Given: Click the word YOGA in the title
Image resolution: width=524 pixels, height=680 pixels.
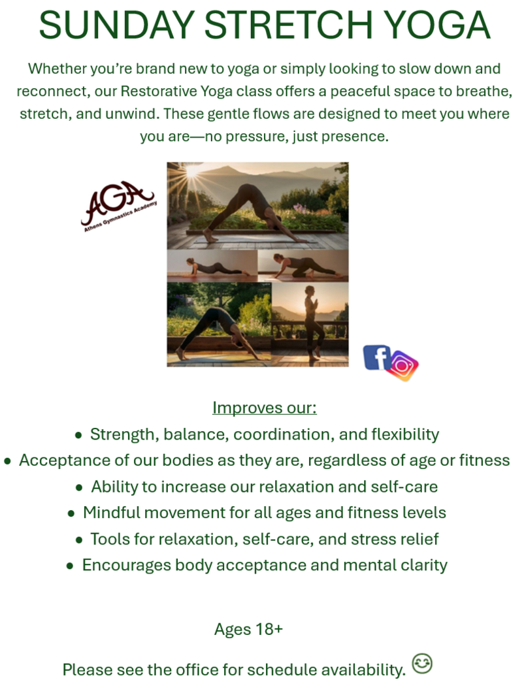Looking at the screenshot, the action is pyautogui.click(x=437, y=25).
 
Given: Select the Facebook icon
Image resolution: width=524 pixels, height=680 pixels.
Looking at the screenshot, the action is pyautogui.click(x=376, y=357).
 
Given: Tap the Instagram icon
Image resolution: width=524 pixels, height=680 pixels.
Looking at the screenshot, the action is pyautogui.click(x=403, y=366).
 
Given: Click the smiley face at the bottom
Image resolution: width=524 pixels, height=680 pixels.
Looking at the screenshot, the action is pyautogui.click(x=422, y=663).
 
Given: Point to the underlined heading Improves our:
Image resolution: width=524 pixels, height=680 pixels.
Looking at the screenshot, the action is pyautogui.click(x=265, y=408).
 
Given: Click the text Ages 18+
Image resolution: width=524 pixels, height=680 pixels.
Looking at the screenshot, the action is pyautogui.click(x=248, y=629).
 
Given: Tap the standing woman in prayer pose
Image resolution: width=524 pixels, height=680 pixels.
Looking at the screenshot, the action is pyautogui.click(x=312, y=321).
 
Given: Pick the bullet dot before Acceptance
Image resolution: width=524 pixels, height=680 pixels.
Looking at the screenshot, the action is pyautogui.click(x=7, y=461).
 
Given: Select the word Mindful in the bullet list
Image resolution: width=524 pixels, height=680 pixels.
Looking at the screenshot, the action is pyautogui.click(x=111, y=513).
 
